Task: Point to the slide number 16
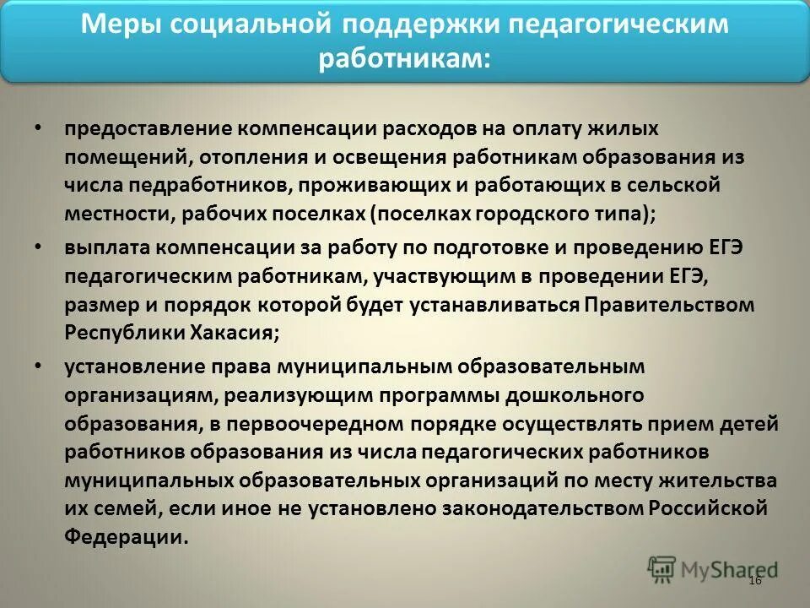(x=754, y=581)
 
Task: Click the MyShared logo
(x=713, y=568)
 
